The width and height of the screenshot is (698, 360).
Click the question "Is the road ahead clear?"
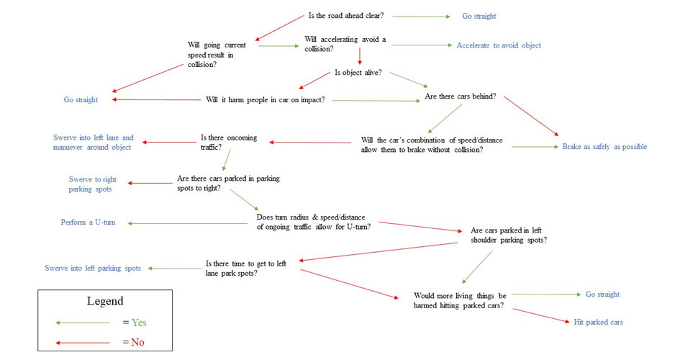coord(346,16)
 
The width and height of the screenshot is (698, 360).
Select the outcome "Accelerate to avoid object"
coord(499,45)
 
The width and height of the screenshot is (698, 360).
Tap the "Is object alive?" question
coord(358,73)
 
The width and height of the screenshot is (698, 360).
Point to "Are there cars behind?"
coord(461,96)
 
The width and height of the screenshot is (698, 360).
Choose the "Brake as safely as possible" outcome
coord(604,147)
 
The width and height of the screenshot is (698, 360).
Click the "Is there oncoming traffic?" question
coord(229,143)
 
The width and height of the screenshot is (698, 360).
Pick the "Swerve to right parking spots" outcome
coord(92,184)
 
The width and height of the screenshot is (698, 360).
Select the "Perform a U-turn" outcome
coord(88,222)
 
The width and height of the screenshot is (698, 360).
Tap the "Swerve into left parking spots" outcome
coord(93,269)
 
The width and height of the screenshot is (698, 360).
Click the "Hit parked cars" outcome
coord(598,322)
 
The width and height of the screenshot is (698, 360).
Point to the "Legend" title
coord(105,301)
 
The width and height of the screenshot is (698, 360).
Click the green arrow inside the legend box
coord(82,323)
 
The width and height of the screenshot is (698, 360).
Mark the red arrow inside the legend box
coord(82,343)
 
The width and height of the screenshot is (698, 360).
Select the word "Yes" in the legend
coord(139,323)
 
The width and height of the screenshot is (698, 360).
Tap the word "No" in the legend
coord(137,342)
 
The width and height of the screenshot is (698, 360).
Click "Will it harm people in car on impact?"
coord(266,100)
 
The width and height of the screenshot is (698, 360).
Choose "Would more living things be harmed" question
coord(460,301)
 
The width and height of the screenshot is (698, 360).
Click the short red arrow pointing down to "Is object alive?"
coord(360,55)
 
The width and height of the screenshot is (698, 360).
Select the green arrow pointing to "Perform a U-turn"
coord(187,223)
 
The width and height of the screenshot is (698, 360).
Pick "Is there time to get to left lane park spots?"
coord(245,269)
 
